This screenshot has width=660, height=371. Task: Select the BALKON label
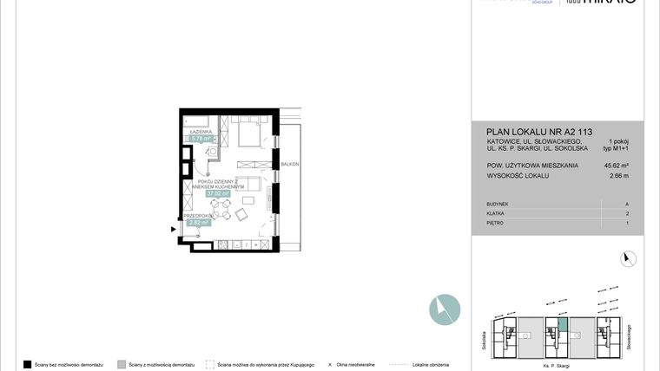290,164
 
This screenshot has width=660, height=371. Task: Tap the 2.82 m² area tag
197,223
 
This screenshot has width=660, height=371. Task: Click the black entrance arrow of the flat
174,230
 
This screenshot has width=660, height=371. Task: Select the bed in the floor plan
245,135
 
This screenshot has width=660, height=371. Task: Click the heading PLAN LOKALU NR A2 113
539,133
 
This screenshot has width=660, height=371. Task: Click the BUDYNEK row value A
626,204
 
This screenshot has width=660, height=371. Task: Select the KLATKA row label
497,213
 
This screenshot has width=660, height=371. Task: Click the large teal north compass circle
444,309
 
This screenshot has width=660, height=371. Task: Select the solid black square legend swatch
28,364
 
